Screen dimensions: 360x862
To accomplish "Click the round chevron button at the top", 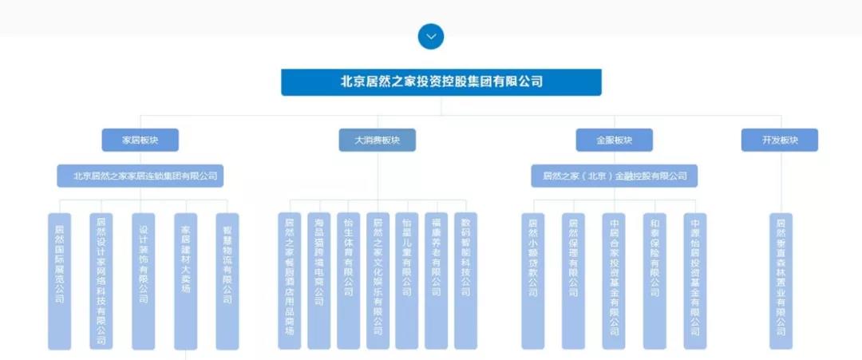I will coord(431,36).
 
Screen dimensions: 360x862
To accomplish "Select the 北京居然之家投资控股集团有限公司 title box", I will coord(441,81).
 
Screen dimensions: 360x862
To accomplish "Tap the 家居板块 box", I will coord(140,140).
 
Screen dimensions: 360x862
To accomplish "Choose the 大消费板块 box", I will coord(378,140).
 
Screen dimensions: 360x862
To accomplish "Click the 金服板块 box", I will coord(614,140).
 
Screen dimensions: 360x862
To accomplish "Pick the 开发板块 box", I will coord(780,140).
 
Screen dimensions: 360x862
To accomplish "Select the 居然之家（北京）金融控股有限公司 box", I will coord(614,176).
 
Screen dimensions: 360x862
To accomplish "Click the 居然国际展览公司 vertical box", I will coord(60,281).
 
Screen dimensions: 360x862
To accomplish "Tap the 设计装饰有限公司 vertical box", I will coord(143,281).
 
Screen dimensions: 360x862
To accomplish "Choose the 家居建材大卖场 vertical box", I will coord(185,281).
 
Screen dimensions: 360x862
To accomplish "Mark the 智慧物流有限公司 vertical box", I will coord(227,281).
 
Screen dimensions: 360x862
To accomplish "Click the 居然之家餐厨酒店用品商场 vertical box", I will coord(290,281).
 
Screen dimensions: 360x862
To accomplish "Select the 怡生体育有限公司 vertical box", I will coord(348,281).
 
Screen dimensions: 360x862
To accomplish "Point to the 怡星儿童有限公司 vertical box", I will coord(407,281).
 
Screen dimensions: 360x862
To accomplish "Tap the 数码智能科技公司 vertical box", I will coord(465,281).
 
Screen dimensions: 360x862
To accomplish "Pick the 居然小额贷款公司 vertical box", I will coord(532,281).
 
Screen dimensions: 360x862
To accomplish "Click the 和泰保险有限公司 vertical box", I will coord(654,281).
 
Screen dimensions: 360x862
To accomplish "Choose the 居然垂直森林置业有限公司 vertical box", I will coord(781,281).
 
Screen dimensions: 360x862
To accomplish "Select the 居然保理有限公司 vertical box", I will coord(573,281).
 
